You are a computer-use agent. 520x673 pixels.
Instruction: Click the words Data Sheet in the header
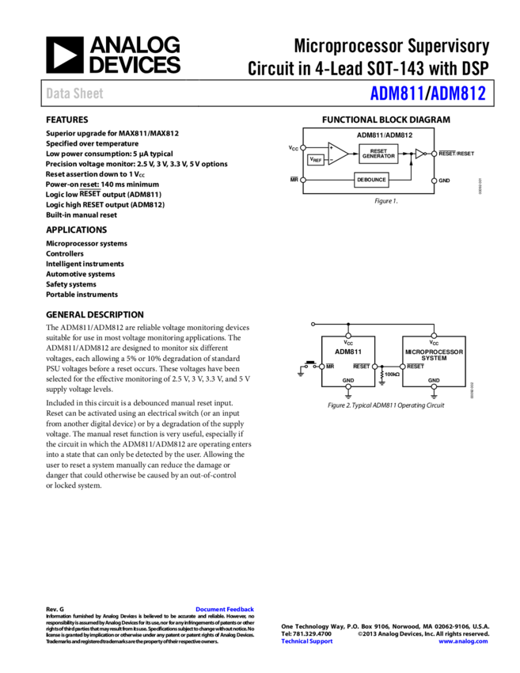coord(74,93)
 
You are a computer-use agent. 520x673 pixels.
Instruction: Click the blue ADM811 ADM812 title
coord(427,93)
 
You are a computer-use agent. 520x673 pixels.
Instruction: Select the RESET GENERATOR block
coord(378,154)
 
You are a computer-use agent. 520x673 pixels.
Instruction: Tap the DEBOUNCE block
coord(371,180)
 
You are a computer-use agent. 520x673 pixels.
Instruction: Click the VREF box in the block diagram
coord(316,160)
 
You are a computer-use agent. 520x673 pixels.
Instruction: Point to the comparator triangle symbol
coord(338,154)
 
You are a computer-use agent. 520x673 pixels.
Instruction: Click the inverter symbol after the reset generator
coord(421,154)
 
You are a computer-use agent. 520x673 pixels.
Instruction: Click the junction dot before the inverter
coord(411,154)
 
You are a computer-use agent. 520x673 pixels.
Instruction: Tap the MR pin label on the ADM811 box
coord(330,367)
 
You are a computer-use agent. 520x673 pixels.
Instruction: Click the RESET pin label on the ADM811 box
coord(361,367)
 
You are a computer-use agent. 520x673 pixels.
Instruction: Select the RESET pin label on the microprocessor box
coord(416,367)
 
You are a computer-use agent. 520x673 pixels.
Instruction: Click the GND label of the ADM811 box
coord(348,380)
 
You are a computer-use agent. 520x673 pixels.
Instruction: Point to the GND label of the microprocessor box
coord(434,380)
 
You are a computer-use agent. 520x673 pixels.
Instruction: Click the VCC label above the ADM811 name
coord(348,343)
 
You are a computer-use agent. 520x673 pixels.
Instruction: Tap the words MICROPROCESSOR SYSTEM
coord(434,355)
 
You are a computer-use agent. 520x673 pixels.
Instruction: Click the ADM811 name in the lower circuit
coord(348,352)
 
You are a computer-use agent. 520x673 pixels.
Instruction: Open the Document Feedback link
coord(225,609)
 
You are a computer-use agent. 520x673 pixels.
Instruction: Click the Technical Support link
coord(307,641)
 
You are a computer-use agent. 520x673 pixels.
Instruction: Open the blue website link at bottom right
coord(463,641)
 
